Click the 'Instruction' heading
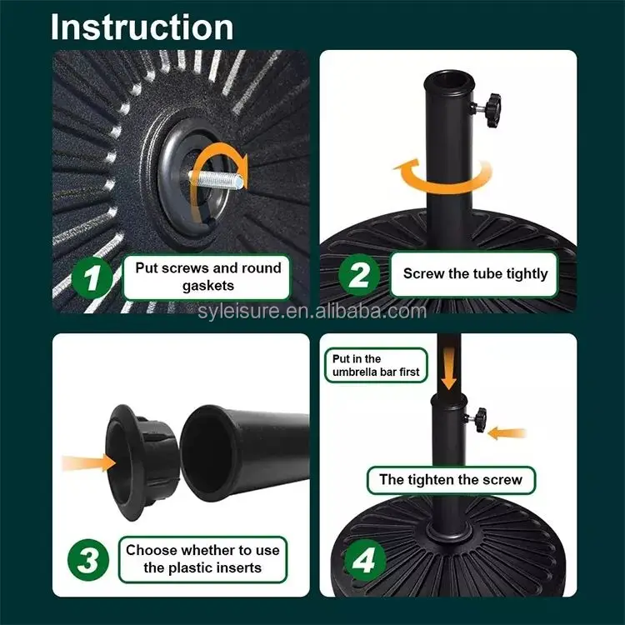pyautogui.click(x=142, y=27)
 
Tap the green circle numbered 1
pyautogui.click(x=92, y=277)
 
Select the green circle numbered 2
pyautogui.click(x=359, y=275)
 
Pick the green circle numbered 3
pyautogui.click(x=88, y=560)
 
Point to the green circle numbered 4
pyautogui.click(x=364, y=560)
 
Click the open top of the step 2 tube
pyautogui.click(x=449, y=82)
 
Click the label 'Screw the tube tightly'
pyautogui.click(x=475, y=274)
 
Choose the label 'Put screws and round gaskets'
pyautogui.click(x=207, y=277)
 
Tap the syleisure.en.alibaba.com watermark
pyautogui.click(x=312, y=311)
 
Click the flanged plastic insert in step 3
pyautogui.click(x=142, y=462)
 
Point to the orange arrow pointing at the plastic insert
pyautogui.click(x=88, y=463)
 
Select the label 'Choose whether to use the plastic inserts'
pyautogui.click(x=202, y=559)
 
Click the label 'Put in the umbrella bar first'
pyautogui.click(x=376, y=365)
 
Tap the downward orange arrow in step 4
pyautogui.click(x=449, y=367)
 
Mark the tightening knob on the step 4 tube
pyautogui.click(x=477, y=419)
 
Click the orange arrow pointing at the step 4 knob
pyautogui.click(x=507, y=432)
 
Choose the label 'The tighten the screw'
pyautogui.click(x=451, y=480)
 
